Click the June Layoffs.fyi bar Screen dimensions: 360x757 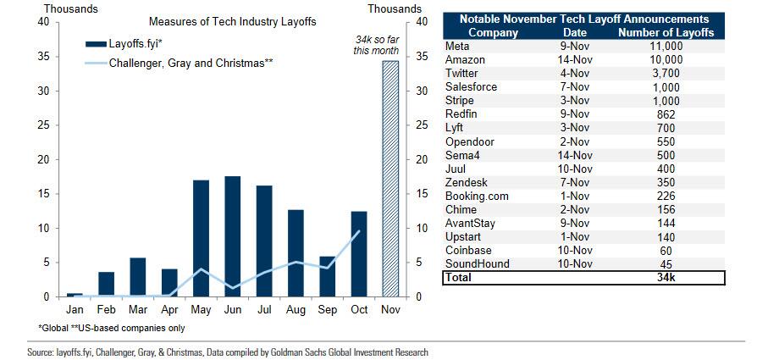click(x=232, y=236)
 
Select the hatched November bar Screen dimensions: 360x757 click(x=390, y=179)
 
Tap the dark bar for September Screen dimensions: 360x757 click(x=327, y=276)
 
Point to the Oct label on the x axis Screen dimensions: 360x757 click(x=358, y=310)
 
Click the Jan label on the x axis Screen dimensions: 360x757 click(x=75, y=310)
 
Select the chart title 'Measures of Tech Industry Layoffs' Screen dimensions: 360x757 click(x=221, y=21)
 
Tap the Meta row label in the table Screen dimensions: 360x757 click(x=458, y=46)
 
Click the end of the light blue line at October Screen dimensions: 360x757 click(x=358, y=231)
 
